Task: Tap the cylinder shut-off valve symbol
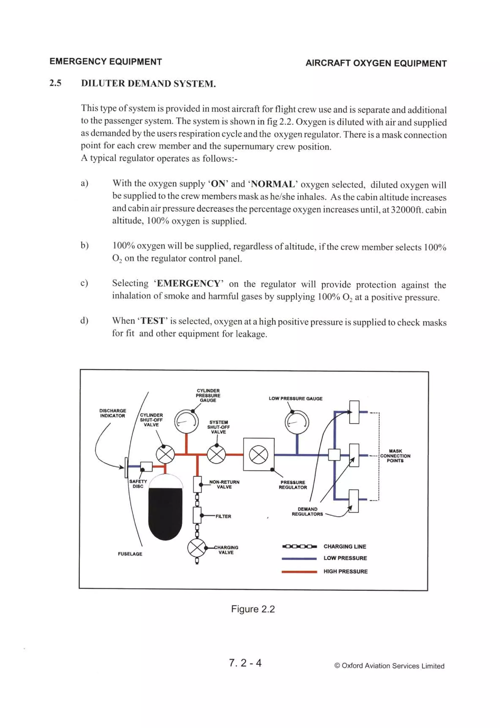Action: (x=165, y=454)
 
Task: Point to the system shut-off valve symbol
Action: (x=216, y=454)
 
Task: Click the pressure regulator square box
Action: (x=259, y=454)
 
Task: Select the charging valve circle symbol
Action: (x=197, y=548)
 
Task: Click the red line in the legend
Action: (x=299, y=572)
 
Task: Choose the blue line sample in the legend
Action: (x=299, y=559)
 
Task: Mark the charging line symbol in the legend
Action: (x=299, y=547)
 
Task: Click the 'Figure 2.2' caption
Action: (x=253, y=609)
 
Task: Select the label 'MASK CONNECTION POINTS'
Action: (x=395, y=456)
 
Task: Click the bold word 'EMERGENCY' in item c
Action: (x=188, y=284)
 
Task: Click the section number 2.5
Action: (x=55, y=83)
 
